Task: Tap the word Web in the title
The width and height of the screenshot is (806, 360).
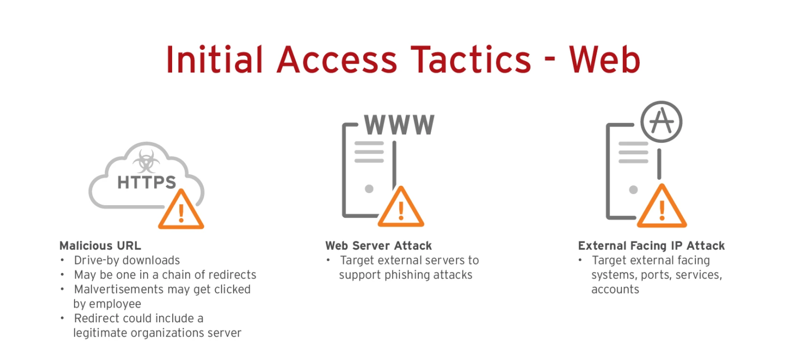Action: (604, 59)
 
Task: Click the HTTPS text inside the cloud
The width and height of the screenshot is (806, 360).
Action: (146, 183)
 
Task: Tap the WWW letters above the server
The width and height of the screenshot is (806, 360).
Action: (399, 124)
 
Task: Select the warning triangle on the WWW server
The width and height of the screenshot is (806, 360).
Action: (401, 209)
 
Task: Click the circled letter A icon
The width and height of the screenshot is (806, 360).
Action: (661, 122)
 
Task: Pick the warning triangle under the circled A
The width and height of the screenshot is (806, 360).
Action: (662, 209)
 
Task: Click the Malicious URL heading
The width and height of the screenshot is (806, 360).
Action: (100, 246)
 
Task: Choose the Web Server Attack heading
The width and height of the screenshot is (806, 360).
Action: (378, 246)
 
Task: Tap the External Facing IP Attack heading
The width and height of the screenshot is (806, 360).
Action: (651, 246)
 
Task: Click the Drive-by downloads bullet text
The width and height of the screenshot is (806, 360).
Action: (127, 260)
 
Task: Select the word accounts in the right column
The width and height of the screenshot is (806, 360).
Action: (615, 290)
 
